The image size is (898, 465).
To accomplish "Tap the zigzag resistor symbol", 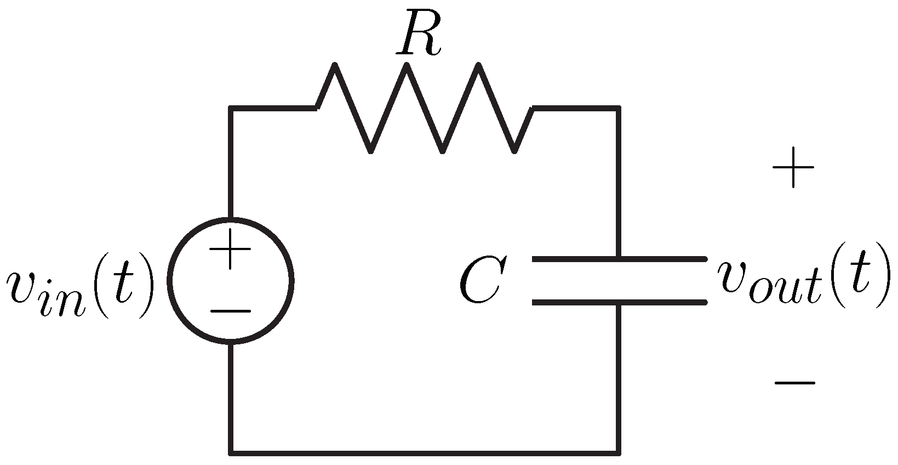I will (425, 107).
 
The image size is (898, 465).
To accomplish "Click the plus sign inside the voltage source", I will (231, 249).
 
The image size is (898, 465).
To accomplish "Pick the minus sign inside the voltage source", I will (231, 311).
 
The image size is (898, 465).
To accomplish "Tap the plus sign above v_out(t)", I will (793, 168).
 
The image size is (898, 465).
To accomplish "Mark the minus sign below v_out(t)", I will (794, 382).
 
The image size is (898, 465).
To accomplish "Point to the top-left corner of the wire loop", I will (231, 108).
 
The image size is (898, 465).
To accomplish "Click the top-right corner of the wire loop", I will (619, 108).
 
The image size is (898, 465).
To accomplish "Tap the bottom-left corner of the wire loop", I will (231, 453).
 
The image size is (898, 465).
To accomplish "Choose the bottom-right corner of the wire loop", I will (619, 453).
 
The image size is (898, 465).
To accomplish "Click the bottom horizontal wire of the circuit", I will (425, 453).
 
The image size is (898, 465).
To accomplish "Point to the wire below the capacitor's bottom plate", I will (619, 378).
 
